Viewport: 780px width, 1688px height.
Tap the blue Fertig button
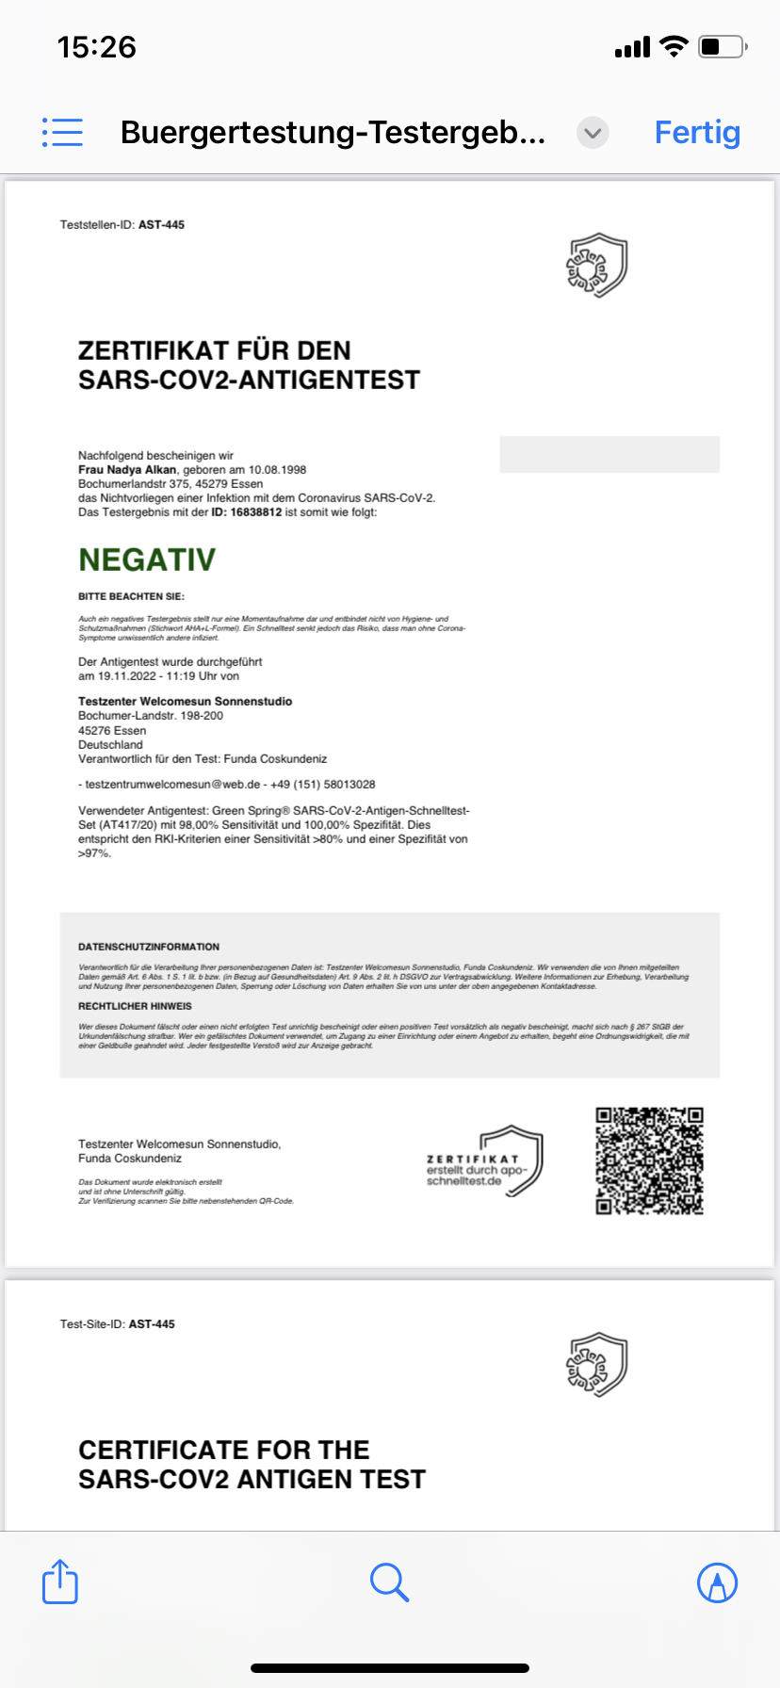697,133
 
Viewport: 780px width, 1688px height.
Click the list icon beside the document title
62,133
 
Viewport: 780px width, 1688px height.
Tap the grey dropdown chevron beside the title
593,133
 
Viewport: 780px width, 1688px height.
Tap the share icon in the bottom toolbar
60,1582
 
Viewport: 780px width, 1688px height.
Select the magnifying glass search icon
389,1582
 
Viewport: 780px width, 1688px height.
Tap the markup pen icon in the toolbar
717,1582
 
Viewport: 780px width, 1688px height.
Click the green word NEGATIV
147,560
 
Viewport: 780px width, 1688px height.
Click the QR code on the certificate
649,1160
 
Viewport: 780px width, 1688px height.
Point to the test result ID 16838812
256,512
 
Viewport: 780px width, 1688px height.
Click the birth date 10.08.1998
277,469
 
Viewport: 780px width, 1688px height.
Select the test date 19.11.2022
127,676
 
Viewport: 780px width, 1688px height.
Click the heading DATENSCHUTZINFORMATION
149,947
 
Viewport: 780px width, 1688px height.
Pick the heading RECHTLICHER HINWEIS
135,1006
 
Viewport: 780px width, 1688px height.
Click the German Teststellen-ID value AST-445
161,225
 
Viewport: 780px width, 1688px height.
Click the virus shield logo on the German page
596,265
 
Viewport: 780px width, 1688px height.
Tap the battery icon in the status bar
722,46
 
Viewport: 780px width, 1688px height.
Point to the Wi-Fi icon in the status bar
674,46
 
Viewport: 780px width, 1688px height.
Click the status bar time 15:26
97,47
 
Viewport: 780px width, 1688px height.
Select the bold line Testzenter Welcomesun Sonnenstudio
185,702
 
